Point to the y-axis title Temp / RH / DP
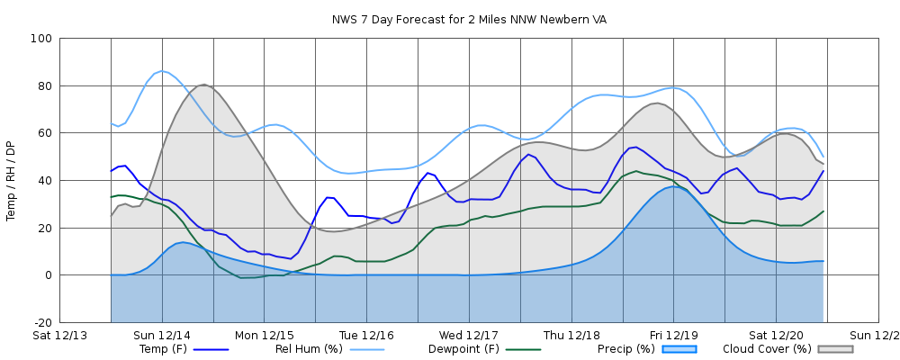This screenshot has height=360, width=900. tap(11, 180)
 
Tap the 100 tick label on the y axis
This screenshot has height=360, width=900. tap(40, 39)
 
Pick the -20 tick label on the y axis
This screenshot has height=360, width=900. tap(41, 322)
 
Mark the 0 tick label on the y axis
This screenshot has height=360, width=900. tap(48, 275)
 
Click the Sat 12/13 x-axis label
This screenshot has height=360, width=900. tap(59, 335)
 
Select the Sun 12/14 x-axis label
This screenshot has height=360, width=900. tap(162, 335)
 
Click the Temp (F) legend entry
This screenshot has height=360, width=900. tap(163, 348)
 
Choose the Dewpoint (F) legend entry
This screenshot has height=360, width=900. tap(465, 348)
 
